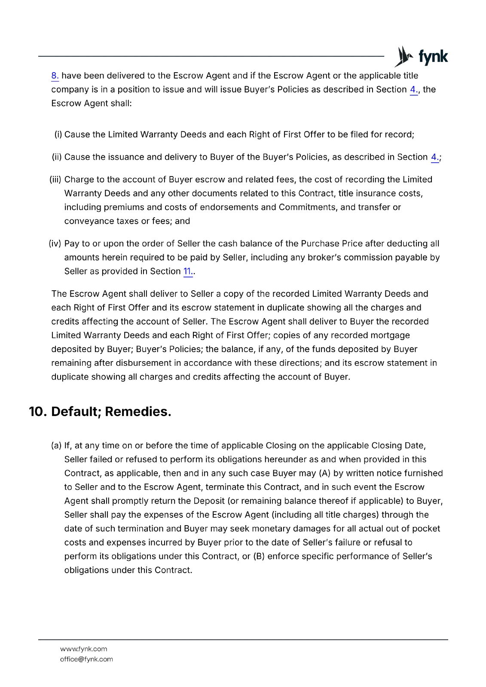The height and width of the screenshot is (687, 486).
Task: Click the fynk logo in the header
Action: coord(421,56)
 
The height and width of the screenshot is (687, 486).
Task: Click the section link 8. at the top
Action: coord(55,76)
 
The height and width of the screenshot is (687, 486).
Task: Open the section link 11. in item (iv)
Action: coord(188,271)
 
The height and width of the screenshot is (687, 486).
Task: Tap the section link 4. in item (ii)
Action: coord(434,157)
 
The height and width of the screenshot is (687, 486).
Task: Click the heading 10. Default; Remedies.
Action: coord(100,411)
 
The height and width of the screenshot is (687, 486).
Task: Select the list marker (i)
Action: coord(58,135)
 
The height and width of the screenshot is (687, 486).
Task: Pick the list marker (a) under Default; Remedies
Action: coord(56,446)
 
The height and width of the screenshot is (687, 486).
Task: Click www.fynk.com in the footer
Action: coord(83,649)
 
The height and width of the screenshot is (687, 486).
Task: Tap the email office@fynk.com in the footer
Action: coord(86,659)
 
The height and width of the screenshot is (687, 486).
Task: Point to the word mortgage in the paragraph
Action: coord(389,335)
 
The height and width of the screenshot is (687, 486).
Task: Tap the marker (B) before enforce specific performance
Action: coord(259,556)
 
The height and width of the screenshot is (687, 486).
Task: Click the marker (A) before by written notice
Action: coord(324,473)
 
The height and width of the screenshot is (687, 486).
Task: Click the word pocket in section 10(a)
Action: coord(426,529)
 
